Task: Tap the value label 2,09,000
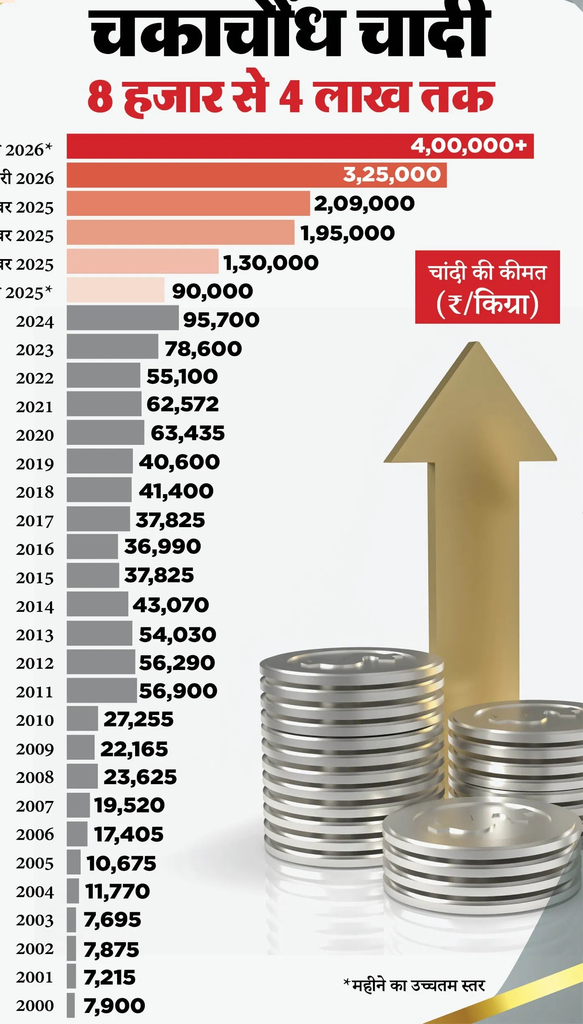click(x=364, y=204)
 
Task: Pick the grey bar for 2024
click(x=123, y=318)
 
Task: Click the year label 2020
click(x=35, y=435)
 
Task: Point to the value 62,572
click(x=183, y=404)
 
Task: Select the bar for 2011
click(x=102, y=690)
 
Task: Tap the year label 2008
click(x=35, y=777)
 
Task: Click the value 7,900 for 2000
click(x=114, y=1006)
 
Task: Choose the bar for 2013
click(x=99, y=633)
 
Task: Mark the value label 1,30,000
click(x=271, y=263)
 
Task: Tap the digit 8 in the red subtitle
click(x=99, y=97)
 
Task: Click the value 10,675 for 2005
click(x=121, y=863)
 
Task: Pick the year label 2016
click(x=35, y=549)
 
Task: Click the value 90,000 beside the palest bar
click(x=212, y=291)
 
